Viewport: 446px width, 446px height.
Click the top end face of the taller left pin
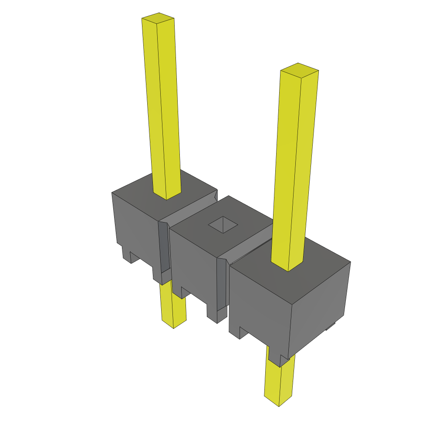[158, 18]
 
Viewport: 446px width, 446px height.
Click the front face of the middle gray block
[194, 261]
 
